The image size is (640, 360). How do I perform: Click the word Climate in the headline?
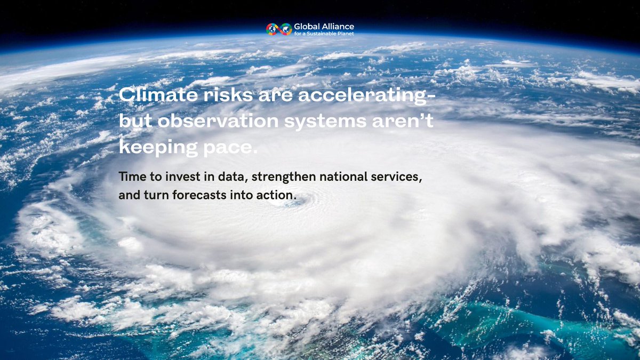click(158, 94)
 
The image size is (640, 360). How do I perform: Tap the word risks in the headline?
click(228, 94)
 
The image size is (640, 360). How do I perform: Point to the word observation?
click(218, 121)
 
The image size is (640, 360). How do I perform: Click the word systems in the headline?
click(325, 122)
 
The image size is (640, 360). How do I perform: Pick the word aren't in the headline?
click(403, 121)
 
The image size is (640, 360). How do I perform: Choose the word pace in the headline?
click(230, 149)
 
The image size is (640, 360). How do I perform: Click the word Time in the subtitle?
click(133, 177)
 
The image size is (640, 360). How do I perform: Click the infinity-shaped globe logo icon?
click(279, 29)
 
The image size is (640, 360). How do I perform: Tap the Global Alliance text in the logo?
click(324, 27)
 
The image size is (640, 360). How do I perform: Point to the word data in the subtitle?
click(233, 177)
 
